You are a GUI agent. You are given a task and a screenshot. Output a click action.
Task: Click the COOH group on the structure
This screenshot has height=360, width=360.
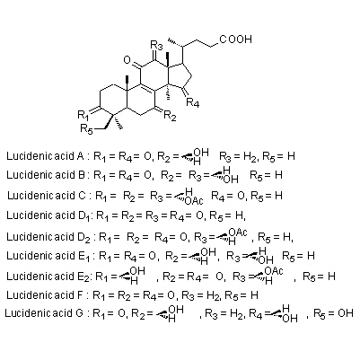(x=236, y=40)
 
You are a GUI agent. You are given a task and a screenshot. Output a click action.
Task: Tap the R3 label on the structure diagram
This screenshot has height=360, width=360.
(x=156, y=46)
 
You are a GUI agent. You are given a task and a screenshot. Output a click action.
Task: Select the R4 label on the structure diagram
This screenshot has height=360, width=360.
(x=192, y=102)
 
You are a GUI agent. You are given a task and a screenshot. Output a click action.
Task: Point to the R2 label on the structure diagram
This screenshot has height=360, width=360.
(x=170, y=116)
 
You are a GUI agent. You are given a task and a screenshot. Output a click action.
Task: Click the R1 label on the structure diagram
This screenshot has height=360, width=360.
(x=83, y=115)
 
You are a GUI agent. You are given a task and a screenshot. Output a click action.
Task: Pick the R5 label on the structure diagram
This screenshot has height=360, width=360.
(x=87, y=129)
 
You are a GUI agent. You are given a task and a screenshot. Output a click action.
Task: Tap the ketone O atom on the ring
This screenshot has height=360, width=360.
(x=127, y=60)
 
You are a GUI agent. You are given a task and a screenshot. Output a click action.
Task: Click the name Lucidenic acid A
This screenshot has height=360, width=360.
(x=45, y=156)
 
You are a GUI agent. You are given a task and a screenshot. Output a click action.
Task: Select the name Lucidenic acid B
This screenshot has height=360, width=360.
(x=45, y=174)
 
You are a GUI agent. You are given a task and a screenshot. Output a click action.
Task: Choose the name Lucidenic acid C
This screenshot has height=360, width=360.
(x=47, y=196)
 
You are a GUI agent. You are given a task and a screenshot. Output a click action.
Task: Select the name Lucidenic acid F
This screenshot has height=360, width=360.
(x=44, y=295)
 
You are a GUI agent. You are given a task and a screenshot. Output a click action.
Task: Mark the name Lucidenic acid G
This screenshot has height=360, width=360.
(x=44, y=313)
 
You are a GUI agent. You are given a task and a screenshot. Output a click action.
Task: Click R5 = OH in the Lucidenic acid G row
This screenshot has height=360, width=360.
(x=333, y=313)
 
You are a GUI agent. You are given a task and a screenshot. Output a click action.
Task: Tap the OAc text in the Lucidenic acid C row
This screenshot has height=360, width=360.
(x=194, y=200)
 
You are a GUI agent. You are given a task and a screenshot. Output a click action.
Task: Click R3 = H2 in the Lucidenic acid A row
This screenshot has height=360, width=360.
(x=239, y=156)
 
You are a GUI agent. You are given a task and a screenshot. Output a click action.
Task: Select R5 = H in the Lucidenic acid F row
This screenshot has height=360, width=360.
(x=241, y=296)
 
